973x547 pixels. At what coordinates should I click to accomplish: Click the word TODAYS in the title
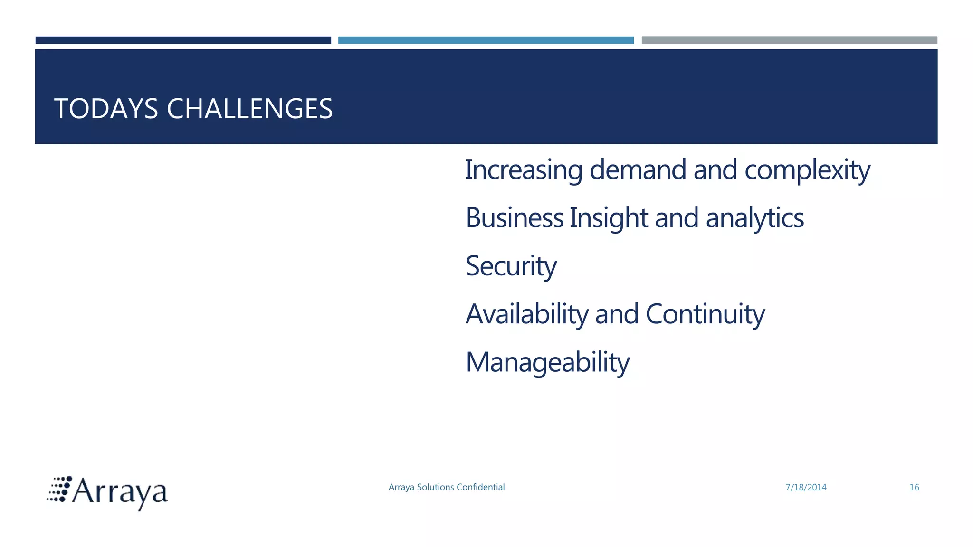point(106,109)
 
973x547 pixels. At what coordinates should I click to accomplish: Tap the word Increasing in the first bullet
point(523,170)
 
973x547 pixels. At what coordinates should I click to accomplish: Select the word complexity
point(807,170)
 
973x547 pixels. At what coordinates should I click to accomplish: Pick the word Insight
point(609,218)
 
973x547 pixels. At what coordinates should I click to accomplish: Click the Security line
point(511,266)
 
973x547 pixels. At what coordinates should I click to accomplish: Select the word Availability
point(527,314)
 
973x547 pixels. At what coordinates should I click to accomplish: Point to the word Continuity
point(705,314)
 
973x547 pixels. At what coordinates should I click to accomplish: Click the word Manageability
point(547,362)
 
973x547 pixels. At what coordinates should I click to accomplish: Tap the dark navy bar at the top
point(183,40)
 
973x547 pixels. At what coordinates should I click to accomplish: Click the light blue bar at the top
point(486,40)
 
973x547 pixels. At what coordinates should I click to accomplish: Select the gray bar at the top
point(789,40)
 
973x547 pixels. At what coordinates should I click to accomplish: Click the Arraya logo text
point(120,492)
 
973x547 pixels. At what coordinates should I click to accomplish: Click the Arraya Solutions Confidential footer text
point(446,487)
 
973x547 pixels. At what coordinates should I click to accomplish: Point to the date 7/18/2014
point(806,488)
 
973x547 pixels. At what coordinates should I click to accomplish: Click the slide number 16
point(914,488)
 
